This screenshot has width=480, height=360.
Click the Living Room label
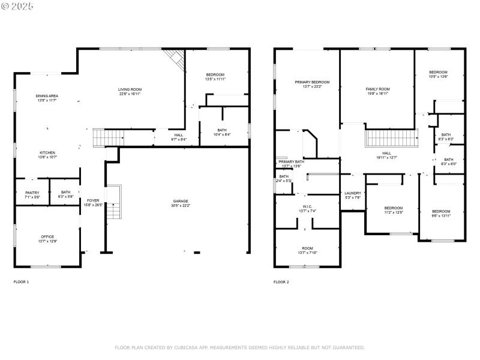[x=130, y=89]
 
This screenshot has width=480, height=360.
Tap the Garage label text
[x=181, y=201]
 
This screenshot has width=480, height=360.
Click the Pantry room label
[x=32, y=193]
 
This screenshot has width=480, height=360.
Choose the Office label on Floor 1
[x=47, y=237]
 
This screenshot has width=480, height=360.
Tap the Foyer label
[x=92, y=200]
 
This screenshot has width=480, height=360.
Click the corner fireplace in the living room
[x=174, y=58]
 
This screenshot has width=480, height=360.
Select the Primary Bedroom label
[x=312, y=82]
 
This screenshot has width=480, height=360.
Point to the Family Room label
[x=377, y=89]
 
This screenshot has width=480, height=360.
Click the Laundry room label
[x=352, y=193]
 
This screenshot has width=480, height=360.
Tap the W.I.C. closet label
[x=307, y=207]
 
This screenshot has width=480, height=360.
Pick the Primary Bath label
[x=291, y=161]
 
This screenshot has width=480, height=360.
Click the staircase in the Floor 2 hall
[x=391, y=139]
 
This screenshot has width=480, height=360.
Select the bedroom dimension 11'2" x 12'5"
[x=393, y=212]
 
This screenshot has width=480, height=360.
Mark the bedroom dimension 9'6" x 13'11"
[x=441, y=215]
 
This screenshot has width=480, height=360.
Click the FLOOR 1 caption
[x=21, y=281]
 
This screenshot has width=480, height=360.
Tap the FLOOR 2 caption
[x=281, y=281]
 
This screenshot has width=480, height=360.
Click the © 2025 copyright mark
[x=17, y=5]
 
